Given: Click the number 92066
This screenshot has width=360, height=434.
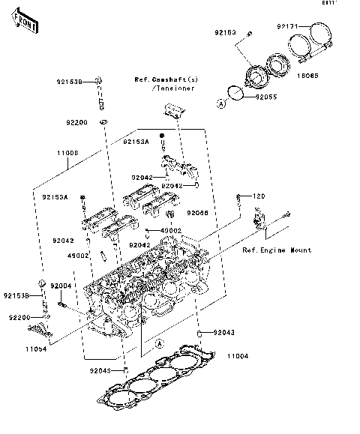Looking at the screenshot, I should (198, 213).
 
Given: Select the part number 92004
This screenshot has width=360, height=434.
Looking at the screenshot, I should (61, 286).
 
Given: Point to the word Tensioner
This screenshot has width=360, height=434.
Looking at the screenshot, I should (172, 88).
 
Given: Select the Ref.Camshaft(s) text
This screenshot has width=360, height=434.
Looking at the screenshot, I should (166, 79).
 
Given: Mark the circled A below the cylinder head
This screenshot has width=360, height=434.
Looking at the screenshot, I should (160, 343).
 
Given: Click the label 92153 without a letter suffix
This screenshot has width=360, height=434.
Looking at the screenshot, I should (226, 34).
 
